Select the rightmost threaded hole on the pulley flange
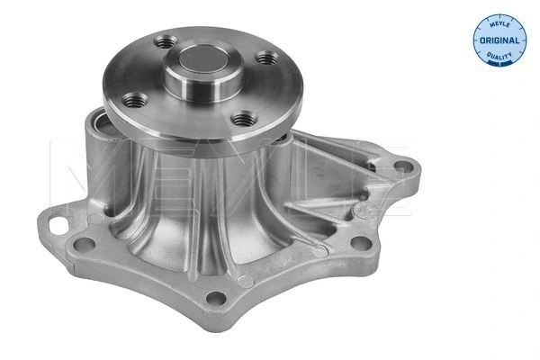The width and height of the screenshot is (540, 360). pos(267,58)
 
